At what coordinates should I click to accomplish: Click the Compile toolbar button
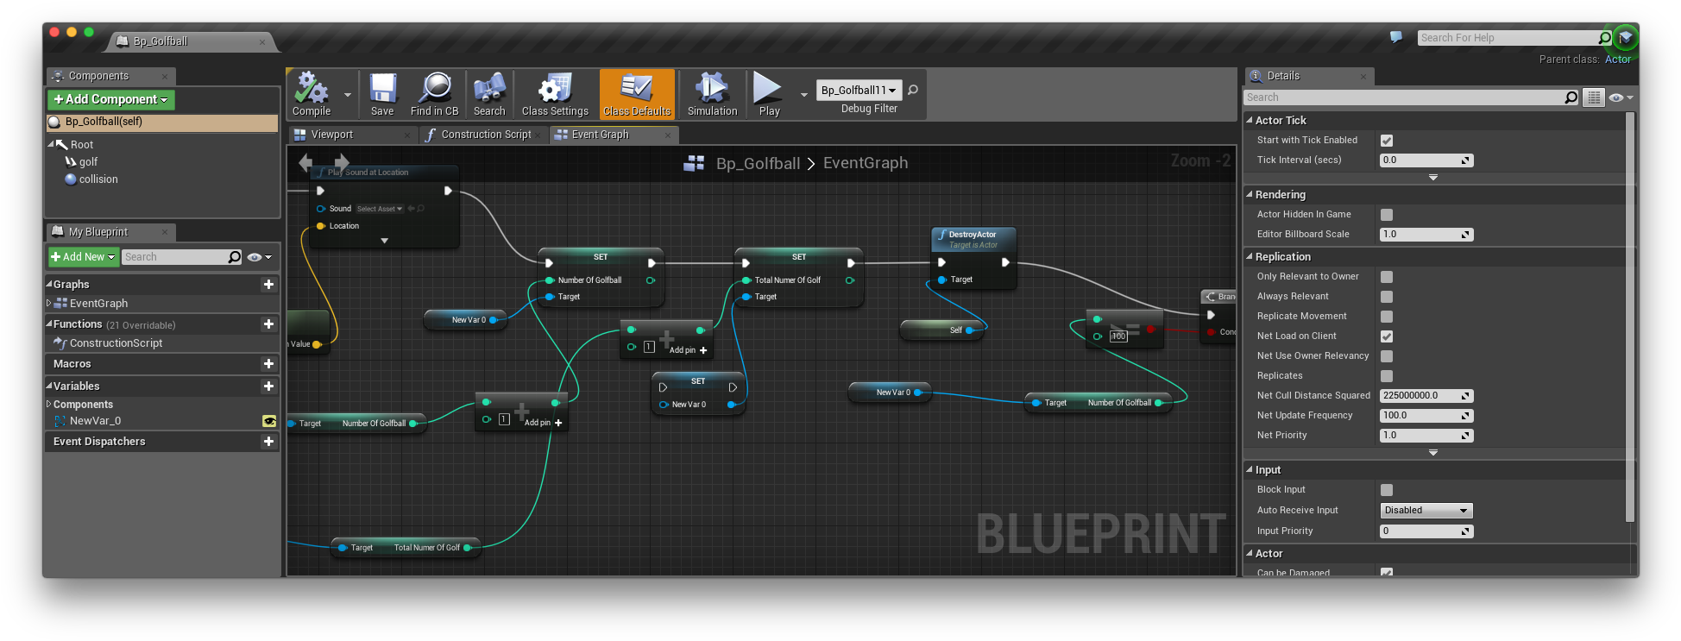pos(312,94)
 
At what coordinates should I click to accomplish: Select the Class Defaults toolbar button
pos(637,94)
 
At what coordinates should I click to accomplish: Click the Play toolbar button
pos(768,94)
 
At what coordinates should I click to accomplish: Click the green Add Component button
pos(111,100)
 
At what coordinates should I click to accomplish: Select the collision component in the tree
pos(98,179)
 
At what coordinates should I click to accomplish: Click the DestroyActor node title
pos(973,235)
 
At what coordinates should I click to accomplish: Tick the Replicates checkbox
pos(1387,376)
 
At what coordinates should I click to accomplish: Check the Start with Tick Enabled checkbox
pos(1387,141)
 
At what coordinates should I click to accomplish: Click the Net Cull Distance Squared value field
pos(1420,396)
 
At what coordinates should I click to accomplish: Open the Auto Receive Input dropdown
pos(1426,511)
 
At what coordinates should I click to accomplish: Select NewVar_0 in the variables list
pos(95,421)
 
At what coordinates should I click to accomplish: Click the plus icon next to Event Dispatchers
pos(268,442)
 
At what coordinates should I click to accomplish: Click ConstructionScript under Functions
pos(116,343)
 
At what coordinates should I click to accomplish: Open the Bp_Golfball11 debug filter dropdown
pos(859,90)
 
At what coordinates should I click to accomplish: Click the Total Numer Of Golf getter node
pos(426,548)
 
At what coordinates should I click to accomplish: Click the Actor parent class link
pos(1617,60)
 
